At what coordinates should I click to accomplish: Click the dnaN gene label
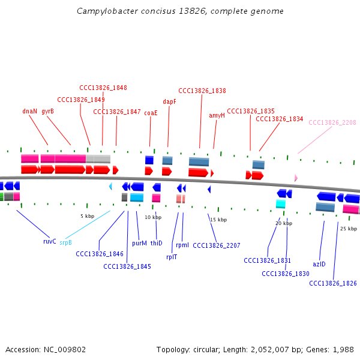(29, 111)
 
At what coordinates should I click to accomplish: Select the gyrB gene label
(47, 111)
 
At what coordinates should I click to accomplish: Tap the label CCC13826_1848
(103, 88)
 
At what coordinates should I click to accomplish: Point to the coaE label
(151, 112)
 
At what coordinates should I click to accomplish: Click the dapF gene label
(170, 101)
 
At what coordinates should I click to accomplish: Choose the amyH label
(217, 115)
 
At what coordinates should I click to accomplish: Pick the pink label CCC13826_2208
(332, 122)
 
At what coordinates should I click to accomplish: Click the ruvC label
(49, 241)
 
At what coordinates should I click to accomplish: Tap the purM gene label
(139, 243)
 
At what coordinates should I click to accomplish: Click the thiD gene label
(156, 243)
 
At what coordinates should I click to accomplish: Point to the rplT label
(172, 256)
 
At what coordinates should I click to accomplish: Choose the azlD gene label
(319, 263)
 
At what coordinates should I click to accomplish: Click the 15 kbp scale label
(218, 220)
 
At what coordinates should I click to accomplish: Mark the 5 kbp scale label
(87, 215)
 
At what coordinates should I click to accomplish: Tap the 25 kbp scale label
(348, 229)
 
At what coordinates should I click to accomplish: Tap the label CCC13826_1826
(333, 283)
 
